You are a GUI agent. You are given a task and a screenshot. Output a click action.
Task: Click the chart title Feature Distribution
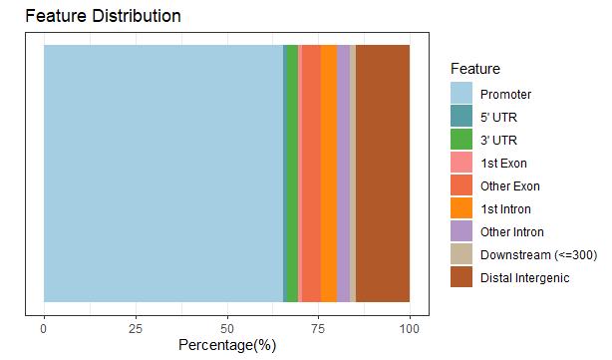coord(89,16)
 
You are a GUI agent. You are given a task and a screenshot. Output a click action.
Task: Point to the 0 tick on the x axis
coord(44,328)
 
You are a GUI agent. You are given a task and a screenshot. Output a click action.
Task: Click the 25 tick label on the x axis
coord(135,328)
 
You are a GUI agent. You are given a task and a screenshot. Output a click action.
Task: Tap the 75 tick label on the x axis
coord(318,328)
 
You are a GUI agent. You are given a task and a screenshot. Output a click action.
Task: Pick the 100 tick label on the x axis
coord(410,328)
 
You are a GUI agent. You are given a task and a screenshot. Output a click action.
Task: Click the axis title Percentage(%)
coord(226,345)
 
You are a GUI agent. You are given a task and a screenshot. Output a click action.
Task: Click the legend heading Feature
coord(474,69)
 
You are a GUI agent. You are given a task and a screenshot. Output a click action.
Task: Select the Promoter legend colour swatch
coord(461,94)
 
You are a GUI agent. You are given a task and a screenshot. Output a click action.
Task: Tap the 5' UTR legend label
coord(498,117)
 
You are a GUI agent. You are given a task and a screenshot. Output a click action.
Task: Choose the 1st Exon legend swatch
coord(461,163)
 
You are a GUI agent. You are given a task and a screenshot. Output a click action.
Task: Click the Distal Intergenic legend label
coord(524,277)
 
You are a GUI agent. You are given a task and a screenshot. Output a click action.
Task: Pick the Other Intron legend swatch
coord(461,231)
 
